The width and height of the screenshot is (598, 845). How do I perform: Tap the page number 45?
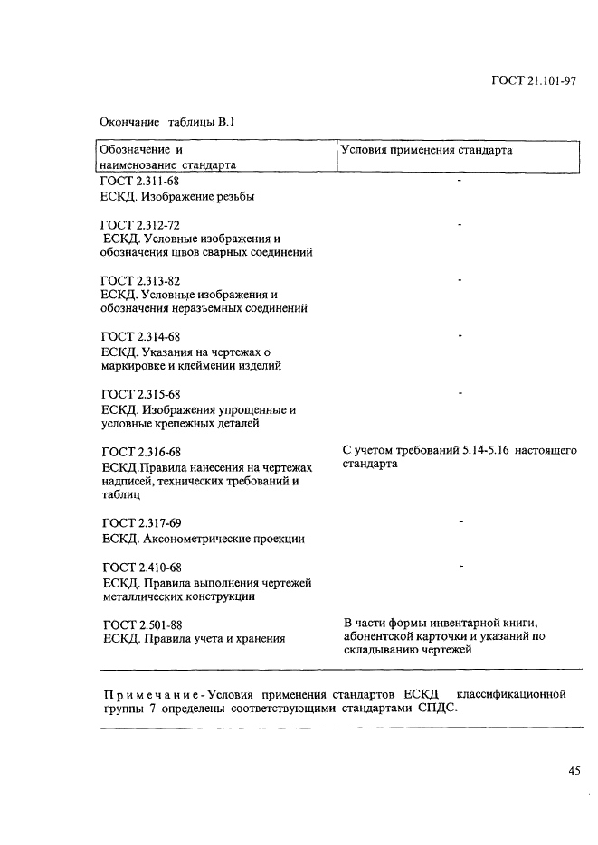[574, 771]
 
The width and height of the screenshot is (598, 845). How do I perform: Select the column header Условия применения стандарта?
[426, 150]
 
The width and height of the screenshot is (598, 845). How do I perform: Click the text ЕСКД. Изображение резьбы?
[177, 195]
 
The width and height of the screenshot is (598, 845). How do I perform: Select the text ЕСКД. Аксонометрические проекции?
[203, 539]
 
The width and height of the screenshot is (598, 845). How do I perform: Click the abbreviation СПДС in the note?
[438, 709]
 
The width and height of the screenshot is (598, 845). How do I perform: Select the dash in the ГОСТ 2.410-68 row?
[460, 566]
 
